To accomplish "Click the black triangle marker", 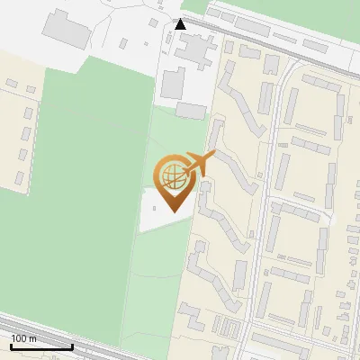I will click(x=180, y=23).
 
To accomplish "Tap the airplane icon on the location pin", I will click(x=199, y=164).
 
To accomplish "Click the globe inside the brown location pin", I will click(x=171, y=174).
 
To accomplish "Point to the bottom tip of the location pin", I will click(x=171, y=211).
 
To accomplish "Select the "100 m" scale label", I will click(x=24, y=338).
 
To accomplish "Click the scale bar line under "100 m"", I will click(x=41, y=346).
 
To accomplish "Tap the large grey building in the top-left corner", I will click(x=65, y=30).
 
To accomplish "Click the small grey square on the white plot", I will click(x=155, y=207).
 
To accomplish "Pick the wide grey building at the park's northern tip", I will click(x=190, y=110).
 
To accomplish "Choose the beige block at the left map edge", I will click(x=18, y=126).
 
